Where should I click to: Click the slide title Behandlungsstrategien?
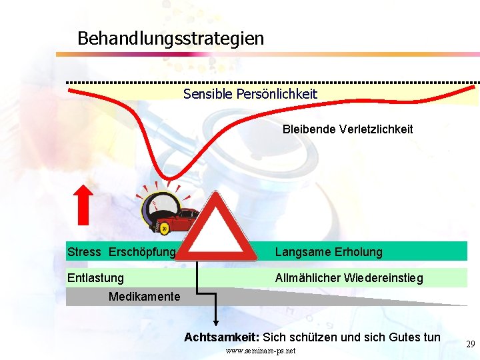pyautogui.click(x=170, y=38)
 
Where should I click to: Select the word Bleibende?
pyautogui.click(x=309, y=129)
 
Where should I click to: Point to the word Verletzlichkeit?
pyautogui.click(x=377, y=129)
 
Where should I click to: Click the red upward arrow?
pyautogui.click(x=83, y=205)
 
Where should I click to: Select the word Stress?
pyautogui.click(x=84, y=252)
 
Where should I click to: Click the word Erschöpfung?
pyautogui.click(x=141, y=252)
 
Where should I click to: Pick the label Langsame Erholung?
pyautogui.click(x=329, y=252)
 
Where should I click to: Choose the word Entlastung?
pyautogui.click(x=95, y=277)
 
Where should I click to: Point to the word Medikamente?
pyautogui.click(x=144, y=296)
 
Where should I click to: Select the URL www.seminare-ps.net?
pyautogui.click(x=261, y=351)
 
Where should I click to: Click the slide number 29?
pyautogui.click(x=470, y=344)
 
